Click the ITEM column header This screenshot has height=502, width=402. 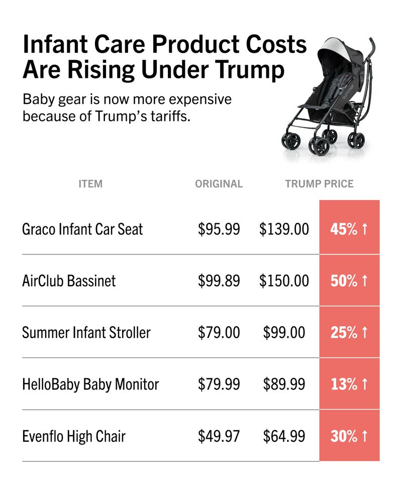pyautogui.click(x=90, y=184)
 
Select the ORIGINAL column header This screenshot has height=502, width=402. pyautogui.click(x=219, y=184)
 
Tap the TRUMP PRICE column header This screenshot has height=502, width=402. pyautogui.click(x=319, y=184)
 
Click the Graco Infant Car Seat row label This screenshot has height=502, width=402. pyautogui.click(x=82, y=229)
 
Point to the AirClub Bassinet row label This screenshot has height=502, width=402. pyautogui.click(x=69, y=281)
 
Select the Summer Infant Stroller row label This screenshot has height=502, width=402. pyautogui.click(x=86, y=332)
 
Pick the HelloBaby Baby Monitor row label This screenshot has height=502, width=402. pyautogui.click(x=90, y=385)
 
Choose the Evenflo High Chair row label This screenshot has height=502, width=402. pyautogui.click(x=74, y=436)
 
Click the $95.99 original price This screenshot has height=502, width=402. pyautogui.click(x=219, y=229)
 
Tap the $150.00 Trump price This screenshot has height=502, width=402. pyautogui.click(x=284, y=281)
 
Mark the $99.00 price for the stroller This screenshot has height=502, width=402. pyautogui.click(x=284, y=332)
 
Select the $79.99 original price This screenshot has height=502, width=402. pyautogui.click(x=219, y=385)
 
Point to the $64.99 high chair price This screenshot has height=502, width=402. pyautogui.click(x=284, y=436)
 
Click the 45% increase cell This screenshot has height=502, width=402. pyautogui.click(x=349, y=229)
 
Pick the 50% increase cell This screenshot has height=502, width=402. pyautogui.click(x=349, y=281)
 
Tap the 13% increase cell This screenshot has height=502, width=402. pyautogui.click(x=349, y=385)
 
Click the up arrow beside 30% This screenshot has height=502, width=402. pyautogui.click(x=365, y=436)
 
